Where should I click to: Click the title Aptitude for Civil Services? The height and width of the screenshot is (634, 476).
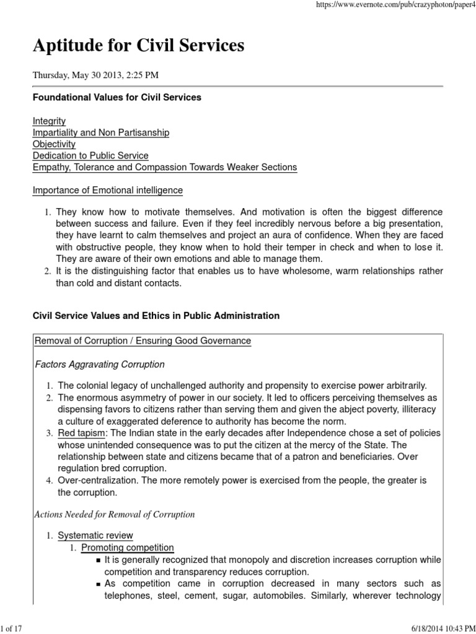pos(138,45)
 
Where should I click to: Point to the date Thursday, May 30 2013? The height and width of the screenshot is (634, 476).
pos(95,76)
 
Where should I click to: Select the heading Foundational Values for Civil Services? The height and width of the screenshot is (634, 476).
pos(117,97)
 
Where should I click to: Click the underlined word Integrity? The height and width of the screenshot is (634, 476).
pos(49,121)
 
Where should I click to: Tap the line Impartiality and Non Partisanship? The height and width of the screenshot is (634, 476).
pos(100,132)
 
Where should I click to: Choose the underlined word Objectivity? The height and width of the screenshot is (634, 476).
pos(54,144)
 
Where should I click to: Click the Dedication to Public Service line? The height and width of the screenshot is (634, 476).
pos(90,155)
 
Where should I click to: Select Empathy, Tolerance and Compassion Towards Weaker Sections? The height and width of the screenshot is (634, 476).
pos(164,167)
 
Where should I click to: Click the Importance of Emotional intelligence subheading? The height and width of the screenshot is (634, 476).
pos(107,190)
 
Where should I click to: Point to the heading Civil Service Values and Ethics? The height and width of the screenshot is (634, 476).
pos(156,316)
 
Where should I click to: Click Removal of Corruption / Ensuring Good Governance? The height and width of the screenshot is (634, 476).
pos(143,341)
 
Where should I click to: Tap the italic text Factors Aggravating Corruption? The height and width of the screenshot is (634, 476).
pos(99,364)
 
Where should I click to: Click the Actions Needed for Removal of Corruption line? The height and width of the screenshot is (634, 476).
pos(113,514)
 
